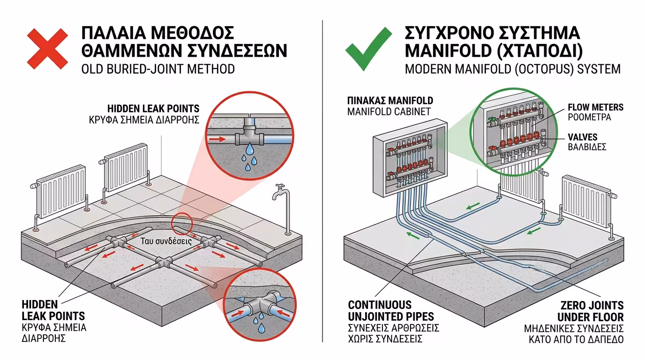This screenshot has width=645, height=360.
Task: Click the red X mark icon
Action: click(x=47, y=48)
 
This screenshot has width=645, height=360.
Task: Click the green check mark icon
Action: click(x=368, y=48)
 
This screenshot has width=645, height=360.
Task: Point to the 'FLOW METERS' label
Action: click(x=595, y=107)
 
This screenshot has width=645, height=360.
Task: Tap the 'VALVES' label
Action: click(x=583, y=137)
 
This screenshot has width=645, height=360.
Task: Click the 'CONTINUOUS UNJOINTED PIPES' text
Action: click(x=391, y=311)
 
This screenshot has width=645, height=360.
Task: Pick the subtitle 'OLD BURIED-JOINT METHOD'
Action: click(x=158, y=69)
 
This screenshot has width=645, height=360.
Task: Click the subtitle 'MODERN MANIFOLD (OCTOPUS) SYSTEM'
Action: click(x=512, y=69)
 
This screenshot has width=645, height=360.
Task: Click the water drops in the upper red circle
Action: click(x=248, y=160)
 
